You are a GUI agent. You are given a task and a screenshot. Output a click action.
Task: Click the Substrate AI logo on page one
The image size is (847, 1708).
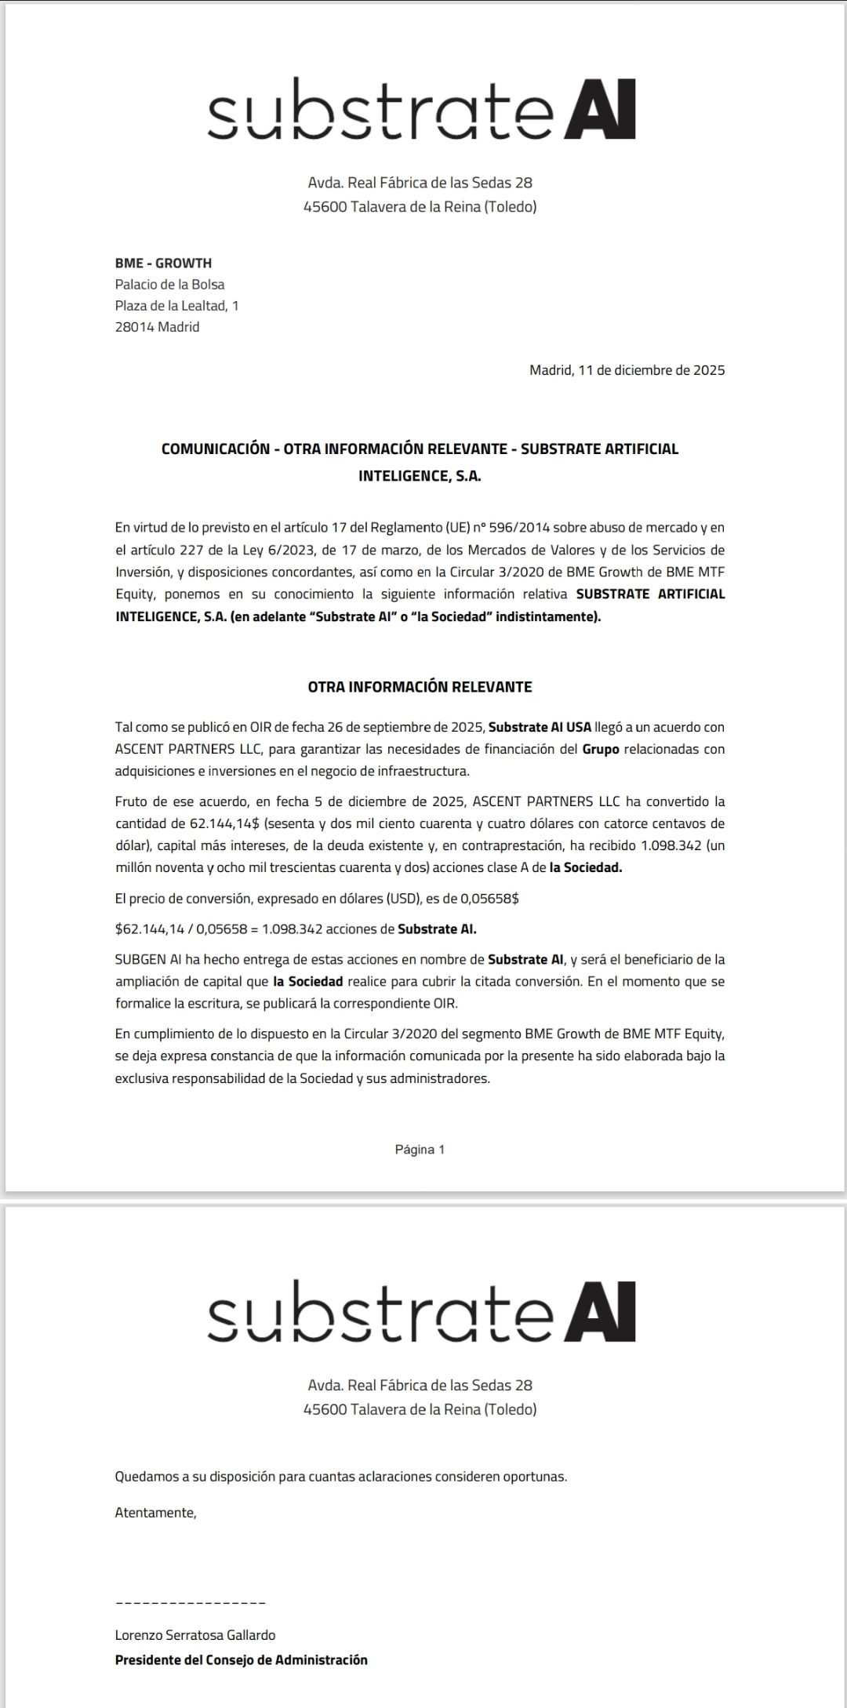421,111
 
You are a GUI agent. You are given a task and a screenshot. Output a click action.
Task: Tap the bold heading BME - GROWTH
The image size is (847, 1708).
163,263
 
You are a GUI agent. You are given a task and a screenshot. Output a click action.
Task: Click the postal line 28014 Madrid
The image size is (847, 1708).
157,327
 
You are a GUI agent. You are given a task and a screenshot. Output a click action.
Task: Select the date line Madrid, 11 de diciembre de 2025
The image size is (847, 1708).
627,370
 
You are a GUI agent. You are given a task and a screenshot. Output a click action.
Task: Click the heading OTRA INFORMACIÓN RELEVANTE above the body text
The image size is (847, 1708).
420,687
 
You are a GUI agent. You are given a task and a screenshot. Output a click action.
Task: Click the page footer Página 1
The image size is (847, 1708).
420,1150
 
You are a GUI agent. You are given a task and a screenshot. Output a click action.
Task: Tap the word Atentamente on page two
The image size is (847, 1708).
155,1513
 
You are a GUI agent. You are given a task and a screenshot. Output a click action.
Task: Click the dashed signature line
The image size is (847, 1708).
190,1602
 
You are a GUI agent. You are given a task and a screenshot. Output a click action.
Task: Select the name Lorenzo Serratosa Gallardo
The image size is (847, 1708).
195,1635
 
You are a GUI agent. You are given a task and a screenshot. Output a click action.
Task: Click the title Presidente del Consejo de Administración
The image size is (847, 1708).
241,1659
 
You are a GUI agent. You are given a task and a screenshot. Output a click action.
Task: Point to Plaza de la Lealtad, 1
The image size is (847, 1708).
176,306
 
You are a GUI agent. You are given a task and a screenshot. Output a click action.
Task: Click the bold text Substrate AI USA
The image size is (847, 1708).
540,727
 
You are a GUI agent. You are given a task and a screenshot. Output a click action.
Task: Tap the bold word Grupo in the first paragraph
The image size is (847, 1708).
600,749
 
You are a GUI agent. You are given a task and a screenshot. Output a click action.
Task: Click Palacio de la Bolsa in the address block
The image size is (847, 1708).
169,285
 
